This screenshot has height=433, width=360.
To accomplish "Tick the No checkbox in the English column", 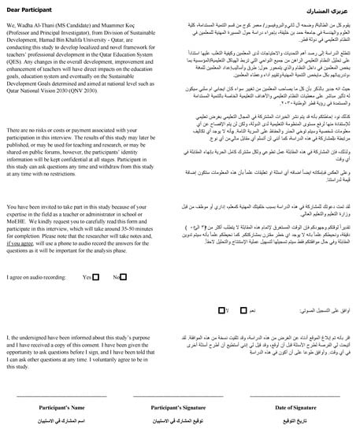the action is click(x=124, y=276).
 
